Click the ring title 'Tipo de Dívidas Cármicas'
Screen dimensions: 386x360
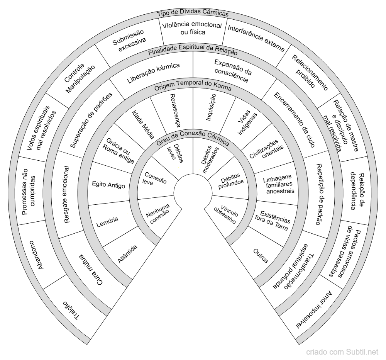tap(193, 14)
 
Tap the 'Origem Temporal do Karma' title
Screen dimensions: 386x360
tap(193, 85)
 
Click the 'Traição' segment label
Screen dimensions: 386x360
tap(71, 309)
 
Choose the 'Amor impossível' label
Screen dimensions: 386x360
tap(315, 309)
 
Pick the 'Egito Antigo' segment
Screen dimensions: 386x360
tap(108, 185)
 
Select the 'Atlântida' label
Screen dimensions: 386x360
tap(127, 254)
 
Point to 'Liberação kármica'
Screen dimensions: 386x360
tap(153, 73)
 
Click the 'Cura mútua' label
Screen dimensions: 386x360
tap(90, 270)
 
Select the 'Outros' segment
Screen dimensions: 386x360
tap(261, 256)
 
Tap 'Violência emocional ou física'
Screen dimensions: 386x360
tap(192, 28)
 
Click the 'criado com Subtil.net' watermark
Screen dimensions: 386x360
tap(342, 352)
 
